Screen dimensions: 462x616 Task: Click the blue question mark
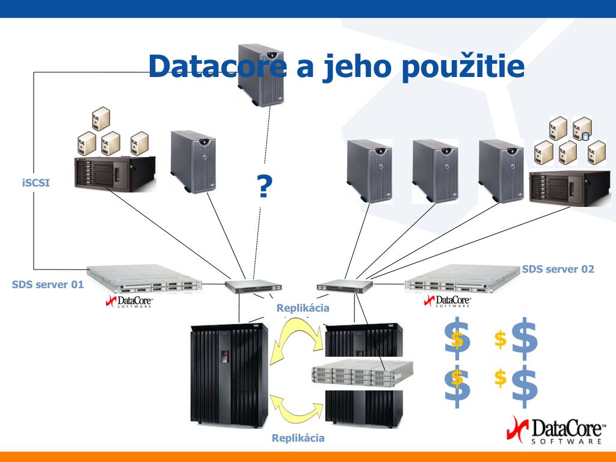tap(263, 186)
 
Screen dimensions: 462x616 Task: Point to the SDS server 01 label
tap(48, 285)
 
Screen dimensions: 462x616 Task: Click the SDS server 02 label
tap(558, 269)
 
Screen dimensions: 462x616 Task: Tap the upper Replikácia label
tap(303, 308)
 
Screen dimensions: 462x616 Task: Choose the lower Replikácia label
tap(298, 438)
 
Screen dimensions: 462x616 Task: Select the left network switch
tap(253, 286)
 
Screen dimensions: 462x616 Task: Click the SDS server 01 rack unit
tap(144, 279)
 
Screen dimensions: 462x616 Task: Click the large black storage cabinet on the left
tap(229, 373)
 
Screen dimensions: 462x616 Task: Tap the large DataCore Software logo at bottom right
tap(556, 431)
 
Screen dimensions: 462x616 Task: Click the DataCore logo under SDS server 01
tap(129, 301)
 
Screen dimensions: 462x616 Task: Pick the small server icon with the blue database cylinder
tap(582, 128)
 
